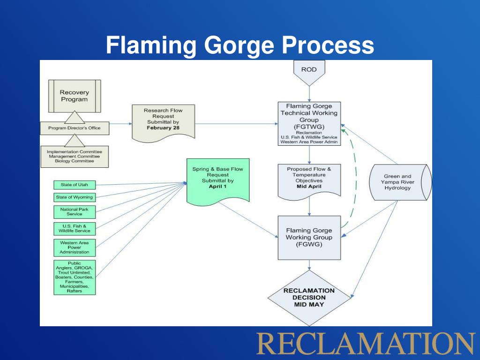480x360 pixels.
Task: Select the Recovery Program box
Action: pos(74,96)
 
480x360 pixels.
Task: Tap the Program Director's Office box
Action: pos(74,127)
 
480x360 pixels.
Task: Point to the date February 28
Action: pos(163,127)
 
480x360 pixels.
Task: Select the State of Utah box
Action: pos(75,185)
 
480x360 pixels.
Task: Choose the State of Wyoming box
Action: pos(75,197)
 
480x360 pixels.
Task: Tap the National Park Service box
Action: pos(75,211)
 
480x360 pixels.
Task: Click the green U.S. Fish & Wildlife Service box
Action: pos(75,228)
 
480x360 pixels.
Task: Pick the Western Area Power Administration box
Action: pos(75,247)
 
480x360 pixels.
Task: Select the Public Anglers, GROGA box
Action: pos(75,277)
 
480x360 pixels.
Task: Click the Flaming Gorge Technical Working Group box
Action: pos(308,123)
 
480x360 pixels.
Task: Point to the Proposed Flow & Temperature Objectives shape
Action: pos(308,179)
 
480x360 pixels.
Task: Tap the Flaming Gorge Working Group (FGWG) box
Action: pos(308,237)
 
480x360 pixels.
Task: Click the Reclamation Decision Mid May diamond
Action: pos(308,298)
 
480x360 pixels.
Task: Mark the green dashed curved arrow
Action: pos(355,178)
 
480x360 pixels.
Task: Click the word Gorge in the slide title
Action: pos(240,45)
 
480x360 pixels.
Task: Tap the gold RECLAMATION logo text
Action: pos(365,343)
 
